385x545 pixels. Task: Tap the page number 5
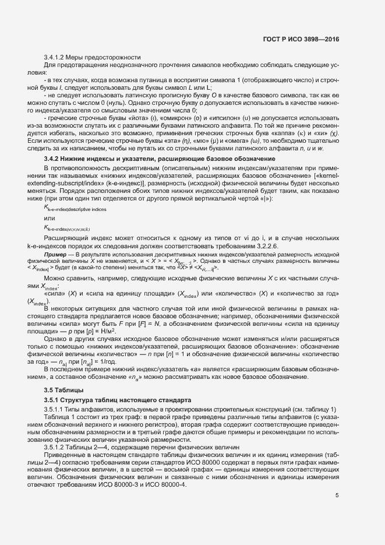pos(337,495)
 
